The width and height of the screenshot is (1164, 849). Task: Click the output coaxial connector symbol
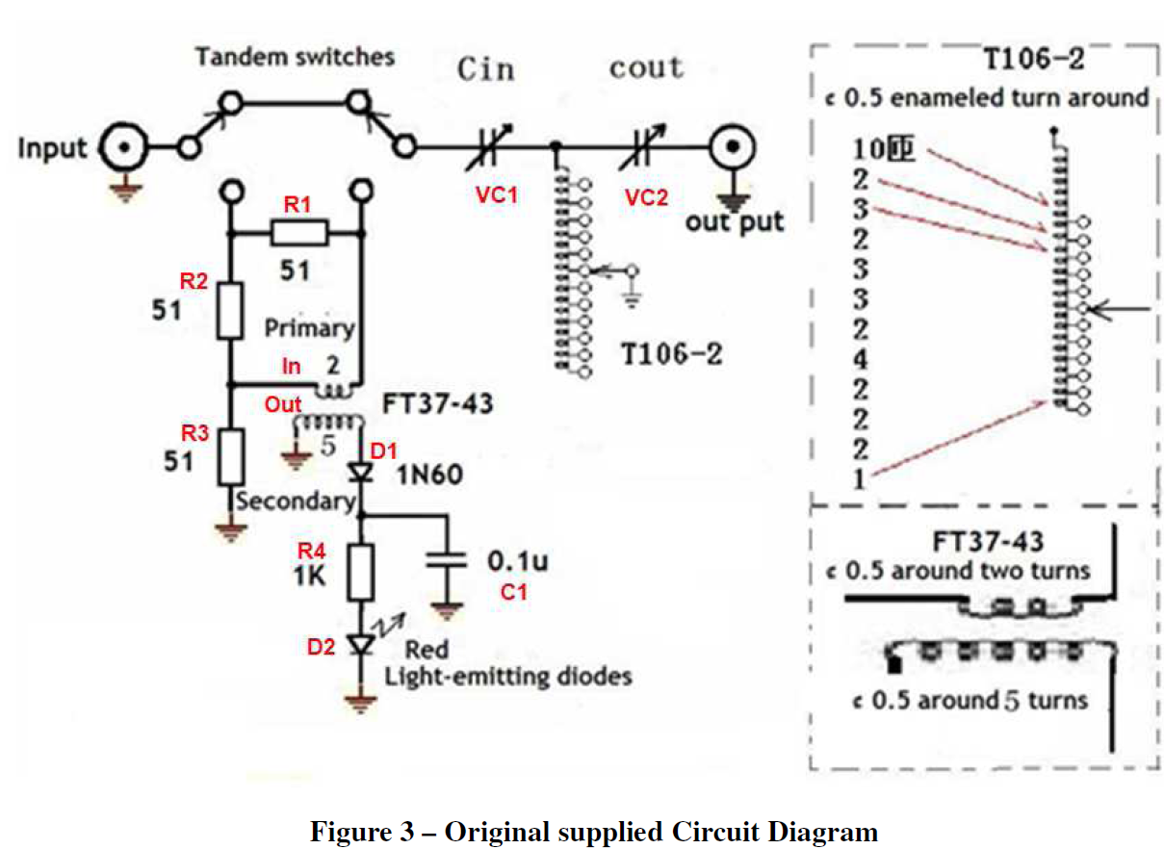(732, 148)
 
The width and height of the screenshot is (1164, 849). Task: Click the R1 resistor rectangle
(299, 233)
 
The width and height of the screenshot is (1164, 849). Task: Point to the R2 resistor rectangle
(229, 310)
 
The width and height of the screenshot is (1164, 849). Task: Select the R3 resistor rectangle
(229, 457)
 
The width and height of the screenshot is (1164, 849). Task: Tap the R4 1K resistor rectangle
(361, 571)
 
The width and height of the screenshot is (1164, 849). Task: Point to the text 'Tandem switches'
(295, 57)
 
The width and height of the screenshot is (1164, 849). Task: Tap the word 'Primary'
(310, 327)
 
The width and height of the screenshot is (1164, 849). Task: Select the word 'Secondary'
(296, 501)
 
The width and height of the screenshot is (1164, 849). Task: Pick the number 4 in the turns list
(860, 361)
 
